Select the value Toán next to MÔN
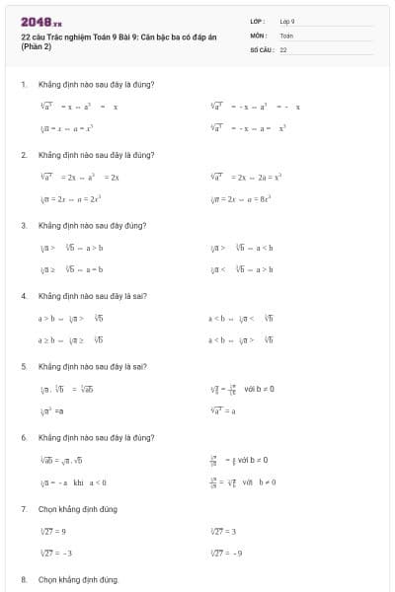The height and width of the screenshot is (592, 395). (286, 35)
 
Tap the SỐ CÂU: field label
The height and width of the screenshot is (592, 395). (262, 48)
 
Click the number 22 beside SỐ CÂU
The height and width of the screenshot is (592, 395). (283, 48)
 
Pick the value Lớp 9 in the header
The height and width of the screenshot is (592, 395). (287, 21)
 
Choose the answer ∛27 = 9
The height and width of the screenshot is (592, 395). (54, 531)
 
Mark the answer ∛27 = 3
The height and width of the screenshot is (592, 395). (223, 531)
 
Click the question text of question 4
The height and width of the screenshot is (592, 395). (92, 296)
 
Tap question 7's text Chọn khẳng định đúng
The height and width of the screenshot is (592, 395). (78, 508)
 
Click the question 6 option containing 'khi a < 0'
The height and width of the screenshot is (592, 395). (72, 481)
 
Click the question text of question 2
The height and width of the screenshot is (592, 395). (96, 155)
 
